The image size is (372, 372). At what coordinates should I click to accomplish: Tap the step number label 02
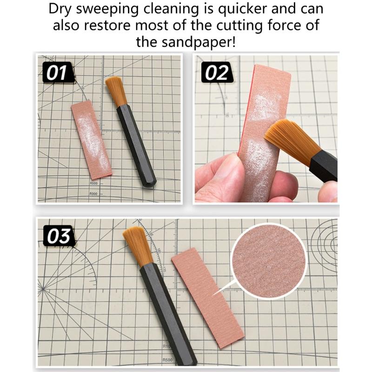pyautogui.click(x=216, y=73)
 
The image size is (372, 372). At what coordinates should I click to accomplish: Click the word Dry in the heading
pyautogui.click(x=62, y=9)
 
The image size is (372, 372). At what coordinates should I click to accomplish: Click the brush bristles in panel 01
pyautogui.click(x=116, y=91)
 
